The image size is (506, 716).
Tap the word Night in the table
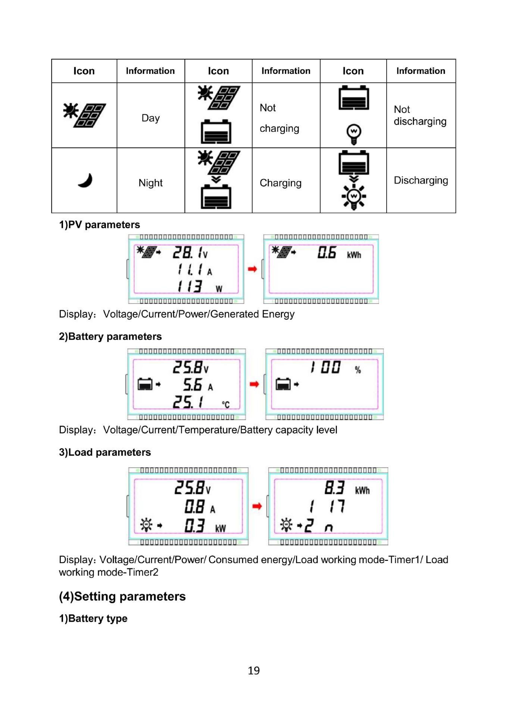click(150, 183)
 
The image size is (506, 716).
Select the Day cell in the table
click(150, 118)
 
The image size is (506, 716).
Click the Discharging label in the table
click(421, 180)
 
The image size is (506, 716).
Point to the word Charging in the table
click(280, 183)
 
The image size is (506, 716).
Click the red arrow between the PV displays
click(253, 269)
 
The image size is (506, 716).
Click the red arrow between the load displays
click(257, 506)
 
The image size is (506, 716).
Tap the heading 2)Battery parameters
click(110, 336)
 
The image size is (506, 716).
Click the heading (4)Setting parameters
click(122, 596)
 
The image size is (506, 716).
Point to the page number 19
click(254, 671)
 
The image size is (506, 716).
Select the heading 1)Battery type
click(93, 618)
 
